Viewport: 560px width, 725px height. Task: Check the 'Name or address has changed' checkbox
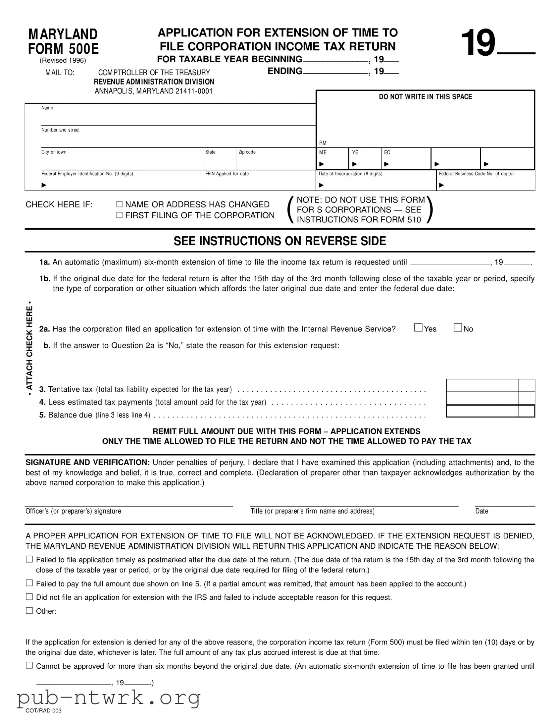click(120, 204)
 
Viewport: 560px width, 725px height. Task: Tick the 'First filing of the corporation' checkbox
click(120, 215)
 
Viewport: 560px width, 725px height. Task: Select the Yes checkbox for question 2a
click(418, 328)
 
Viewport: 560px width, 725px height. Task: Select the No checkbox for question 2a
click(458, 328)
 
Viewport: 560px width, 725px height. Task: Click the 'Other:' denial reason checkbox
click(29, 610)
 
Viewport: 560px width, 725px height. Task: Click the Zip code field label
click(247, 152)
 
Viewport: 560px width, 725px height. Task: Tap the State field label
click(210, 152)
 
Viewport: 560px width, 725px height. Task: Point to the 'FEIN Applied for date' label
click(227, 174)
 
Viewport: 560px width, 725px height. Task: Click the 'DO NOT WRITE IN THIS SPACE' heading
click(425, 97)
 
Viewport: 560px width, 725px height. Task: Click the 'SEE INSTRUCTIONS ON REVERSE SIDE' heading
click(280, 241)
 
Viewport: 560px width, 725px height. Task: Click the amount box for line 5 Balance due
click(483, 411)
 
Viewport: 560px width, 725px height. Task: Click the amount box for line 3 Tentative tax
click(483, 385)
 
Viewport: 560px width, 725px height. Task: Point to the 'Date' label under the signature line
click(482, 511)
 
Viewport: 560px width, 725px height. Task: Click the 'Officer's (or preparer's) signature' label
click(73, 511)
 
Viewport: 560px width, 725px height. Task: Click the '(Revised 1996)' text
click(63, 60)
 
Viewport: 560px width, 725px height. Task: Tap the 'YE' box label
click(355, 152)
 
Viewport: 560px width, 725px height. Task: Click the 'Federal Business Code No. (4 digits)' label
click(476, 174)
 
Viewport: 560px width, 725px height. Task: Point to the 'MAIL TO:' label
click(60, 73)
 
